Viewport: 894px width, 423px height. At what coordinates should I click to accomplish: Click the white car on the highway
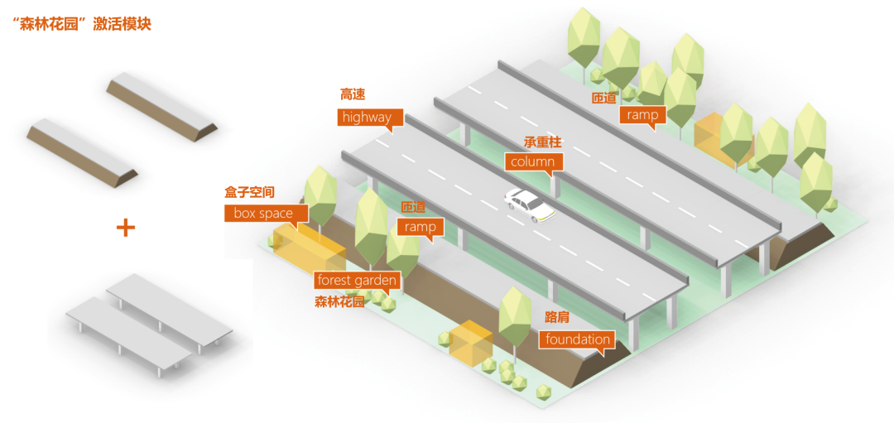coord(530,205)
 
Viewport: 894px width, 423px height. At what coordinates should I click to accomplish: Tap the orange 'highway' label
coord(367,118)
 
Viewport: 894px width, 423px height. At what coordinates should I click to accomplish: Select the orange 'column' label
coord(532,161)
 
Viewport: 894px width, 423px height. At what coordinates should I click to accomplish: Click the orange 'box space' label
coord(263,214)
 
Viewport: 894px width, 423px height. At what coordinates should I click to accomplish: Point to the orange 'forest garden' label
coord(358,281)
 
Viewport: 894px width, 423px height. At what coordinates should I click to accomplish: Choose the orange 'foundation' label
coord(578,339)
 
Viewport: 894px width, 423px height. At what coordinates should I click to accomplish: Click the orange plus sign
coord(125,228)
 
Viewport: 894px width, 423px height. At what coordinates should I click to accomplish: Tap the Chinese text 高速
coord(353,94)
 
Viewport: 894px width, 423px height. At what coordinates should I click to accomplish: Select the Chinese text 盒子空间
coord(249,192)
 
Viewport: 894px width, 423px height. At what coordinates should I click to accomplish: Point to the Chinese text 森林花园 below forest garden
coord(339,301)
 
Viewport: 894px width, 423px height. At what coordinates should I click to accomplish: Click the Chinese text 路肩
coord(556,317)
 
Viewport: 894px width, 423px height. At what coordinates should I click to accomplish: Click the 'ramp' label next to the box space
coord(421,226)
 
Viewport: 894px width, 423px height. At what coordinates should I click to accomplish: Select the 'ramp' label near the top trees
coord(642,115)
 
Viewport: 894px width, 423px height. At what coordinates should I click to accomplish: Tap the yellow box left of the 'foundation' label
coord(471,342)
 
